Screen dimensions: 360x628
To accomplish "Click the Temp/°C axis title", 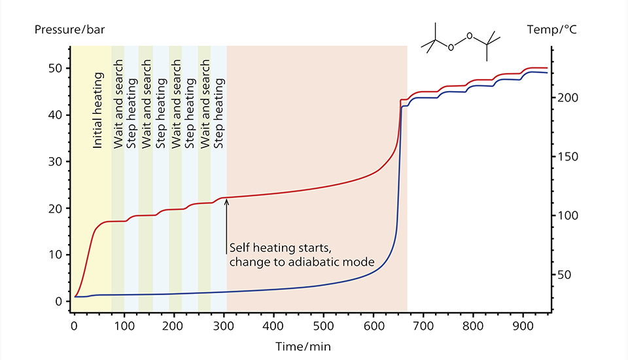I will coord(551,29).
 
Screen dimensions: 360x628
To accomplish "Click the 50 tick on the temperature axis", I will coord(564,275).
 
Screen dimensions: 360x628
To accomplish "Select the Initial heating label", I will coord(98,111).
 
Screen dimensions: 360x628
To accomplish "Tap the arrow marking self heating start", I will coord(226,223).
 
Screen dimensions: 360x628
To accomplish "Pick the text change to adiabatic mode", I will coord(302,262).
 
